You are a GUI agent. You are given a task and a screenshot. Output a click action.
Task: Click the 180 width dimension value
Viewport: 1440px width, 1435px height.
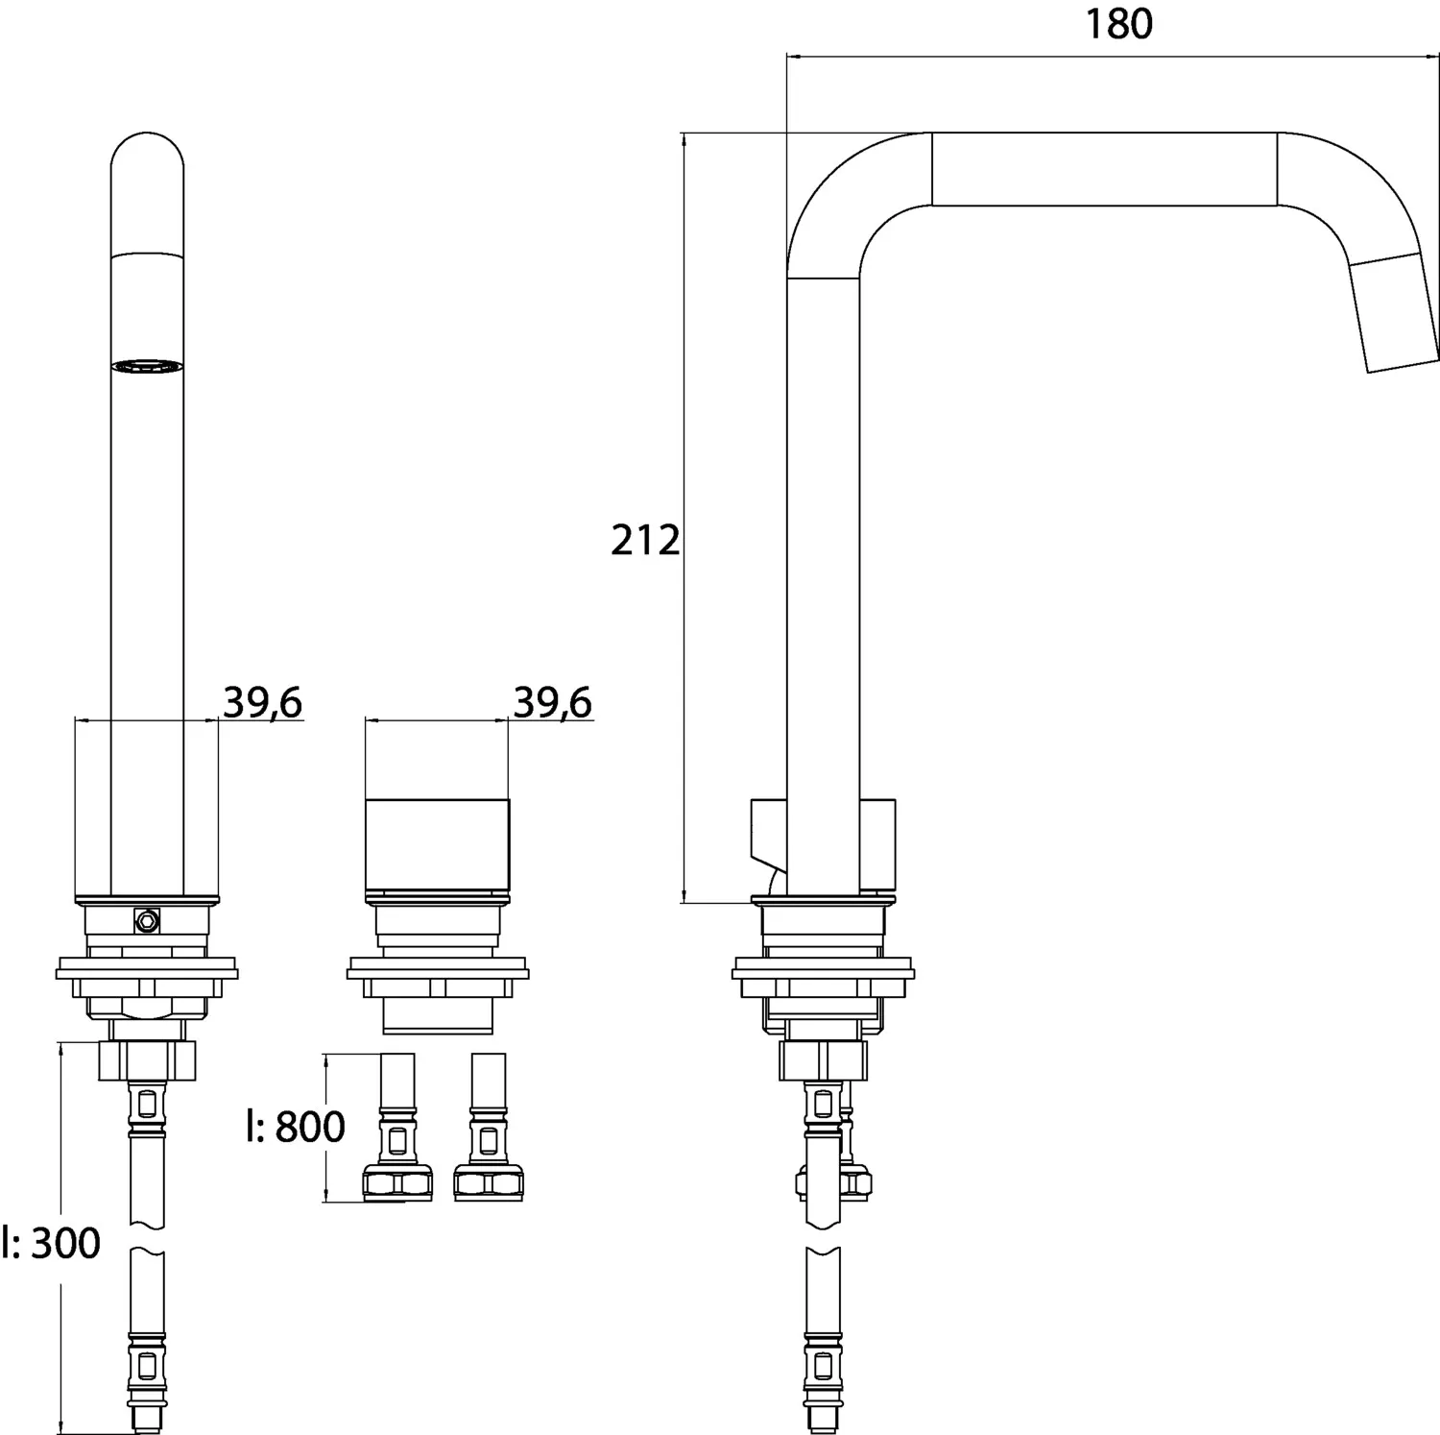click(1118, 25)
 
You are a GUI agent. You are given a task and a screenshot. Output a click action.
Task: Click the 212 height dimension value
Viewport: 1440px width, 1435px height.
click(644, 541)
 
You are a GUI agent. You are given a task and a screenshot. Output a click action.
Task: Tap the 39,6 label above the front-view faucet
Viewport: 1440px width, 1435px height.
click(262, 703)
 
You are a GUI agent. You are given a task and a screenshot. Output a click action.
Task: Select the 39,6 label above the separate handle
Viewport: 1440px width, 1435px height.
click(552, 703)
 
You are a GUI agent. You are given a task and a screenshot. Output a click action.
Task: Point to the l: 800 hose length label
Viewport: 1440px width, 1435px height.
click(295, 1127)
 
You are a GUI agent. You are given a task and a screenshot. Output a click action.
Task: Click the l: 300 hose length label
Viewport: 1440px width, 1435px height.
click(51, 1244)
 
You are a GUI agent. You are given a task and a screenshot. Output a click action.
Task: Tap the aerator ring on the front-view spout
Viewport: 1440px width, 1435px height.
click(147, 366)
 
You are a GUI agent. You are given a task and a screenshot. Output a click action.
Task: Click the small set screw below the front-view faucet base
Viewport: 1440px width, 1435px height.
click(147, 921)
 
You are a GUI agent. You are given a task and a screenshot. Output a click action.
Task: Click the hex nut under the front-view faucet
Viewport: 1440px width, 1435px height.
click(147, 1060)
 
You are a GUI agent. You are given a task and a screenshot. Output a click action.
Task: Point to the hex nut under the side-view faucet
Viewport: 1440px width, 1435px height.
click(823, 1060)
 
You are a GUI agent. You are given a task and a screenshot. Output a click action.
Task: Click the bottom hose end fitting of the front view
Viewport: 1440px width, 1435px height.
click(147, 1383)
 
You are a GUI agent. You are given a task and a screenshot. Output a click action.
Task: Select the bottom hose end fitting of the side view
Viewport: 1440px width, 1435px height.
click(823, 1383)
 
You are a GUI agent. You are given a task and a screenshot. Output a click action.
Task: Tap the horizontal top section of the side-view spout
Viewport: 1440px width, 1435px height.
click(1104, 169)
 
